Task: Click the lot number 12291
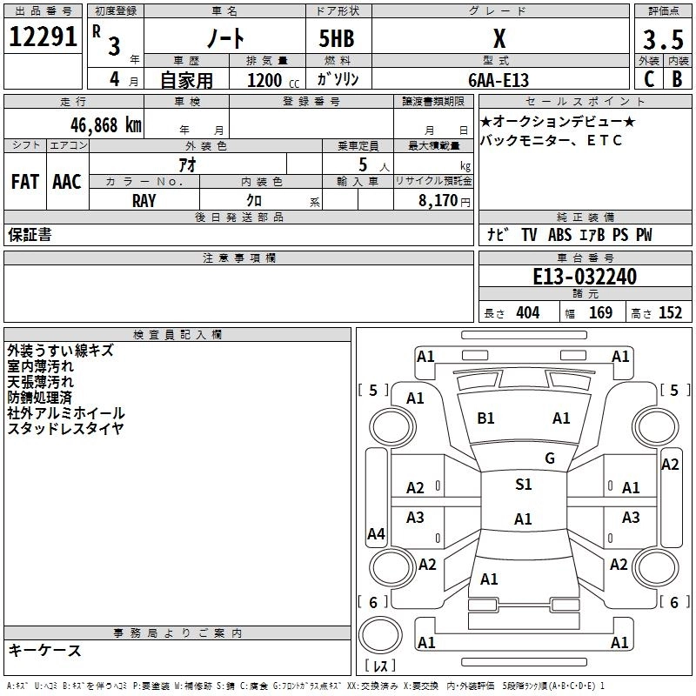43,38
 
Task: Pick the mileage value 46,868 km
96,124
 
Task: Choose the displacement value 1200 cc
271,80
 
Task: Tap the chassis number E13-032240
585,278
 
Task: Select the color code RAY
144,201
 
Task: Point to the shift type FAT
24,182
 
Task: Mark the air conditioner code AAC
67,182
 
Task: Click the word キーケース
44,650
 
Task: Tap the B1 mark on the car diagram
485,418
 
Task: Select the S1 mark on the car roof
523,485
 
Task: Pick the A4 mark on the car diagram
376,534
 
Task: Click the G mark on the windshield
549,458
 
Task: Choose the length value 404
527,313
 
